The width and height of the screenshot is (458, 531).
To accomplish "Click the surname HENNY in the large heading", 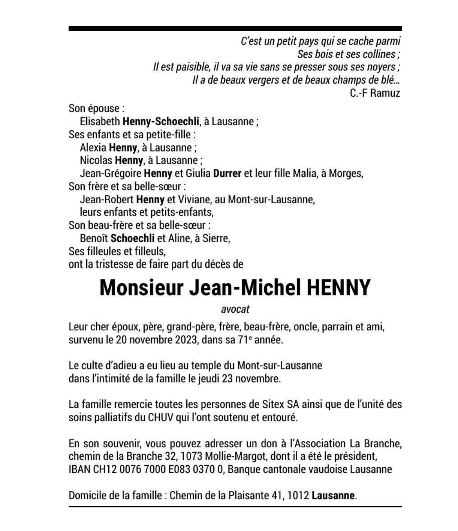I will point(338,288).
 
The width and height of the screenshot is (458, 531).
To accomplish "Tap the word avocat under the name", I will point(235,309).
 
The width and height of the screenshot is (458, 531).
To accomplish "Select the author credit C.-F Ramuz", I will point(375,93).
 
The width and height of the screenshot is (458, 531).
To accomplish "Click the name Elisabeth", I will point(100,121).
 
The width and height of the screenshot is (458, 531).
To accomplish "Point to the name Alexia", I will point(93,147).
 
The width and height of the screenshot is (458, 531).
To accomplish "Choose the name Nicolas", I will point(96,160).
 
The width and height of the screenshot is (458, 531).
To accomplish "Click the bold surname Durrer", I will point(227,174).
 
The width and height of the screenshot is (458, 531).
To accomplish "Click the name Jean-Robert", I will point(107,199).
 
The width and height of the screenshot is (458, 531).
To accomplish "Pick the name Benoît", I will point(94,238).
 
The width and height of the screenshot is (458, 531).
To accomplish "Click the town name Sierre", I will point(216,238).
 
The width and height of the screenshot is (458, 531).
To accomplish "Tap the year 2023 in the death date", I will point(186,340).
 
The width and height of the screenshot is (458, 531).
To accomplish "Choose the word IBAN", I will point(79,469).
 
